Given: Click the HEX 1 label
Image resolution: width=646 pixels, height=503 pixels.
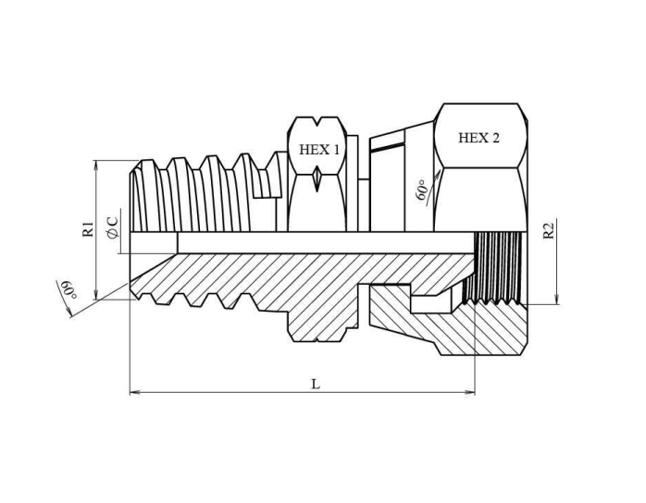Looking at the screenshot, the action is coord(319,150).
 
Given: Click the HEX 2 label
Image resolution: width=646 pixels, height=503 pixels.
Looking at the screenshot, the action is coord(478,138).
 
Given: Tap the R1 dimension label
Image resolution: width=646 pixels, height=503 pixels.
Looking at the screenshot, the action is coord(88,229).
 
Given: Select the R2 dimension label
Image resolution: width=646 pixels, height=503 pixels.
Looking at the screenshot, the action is coord(548,230).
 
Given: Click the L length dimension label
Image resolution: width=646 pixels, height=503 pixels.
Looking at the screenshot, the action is coord(316,385).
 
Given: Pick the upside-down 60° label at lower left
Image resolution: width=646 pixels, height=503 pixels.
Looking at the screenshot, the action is coord(68,289).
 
